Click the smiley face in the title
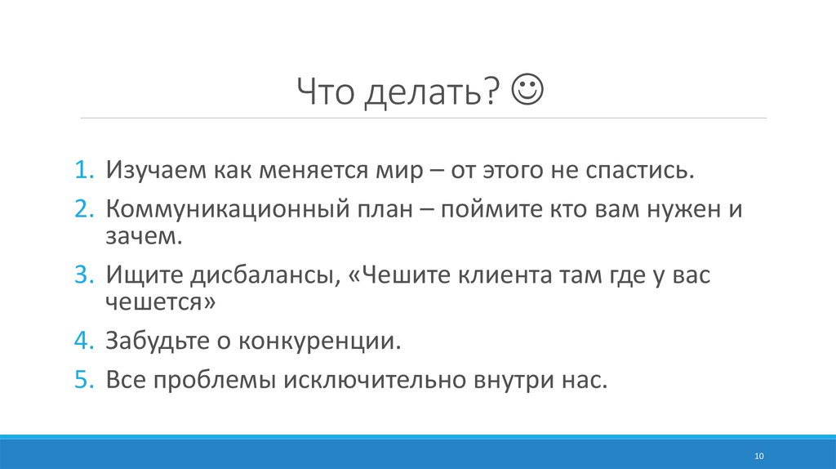[531, 89]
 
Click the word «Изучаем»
[154, 172]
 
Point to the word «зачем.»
[140, 237]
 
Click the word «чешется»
[160, 303]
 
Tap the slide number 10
[758, 455]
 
